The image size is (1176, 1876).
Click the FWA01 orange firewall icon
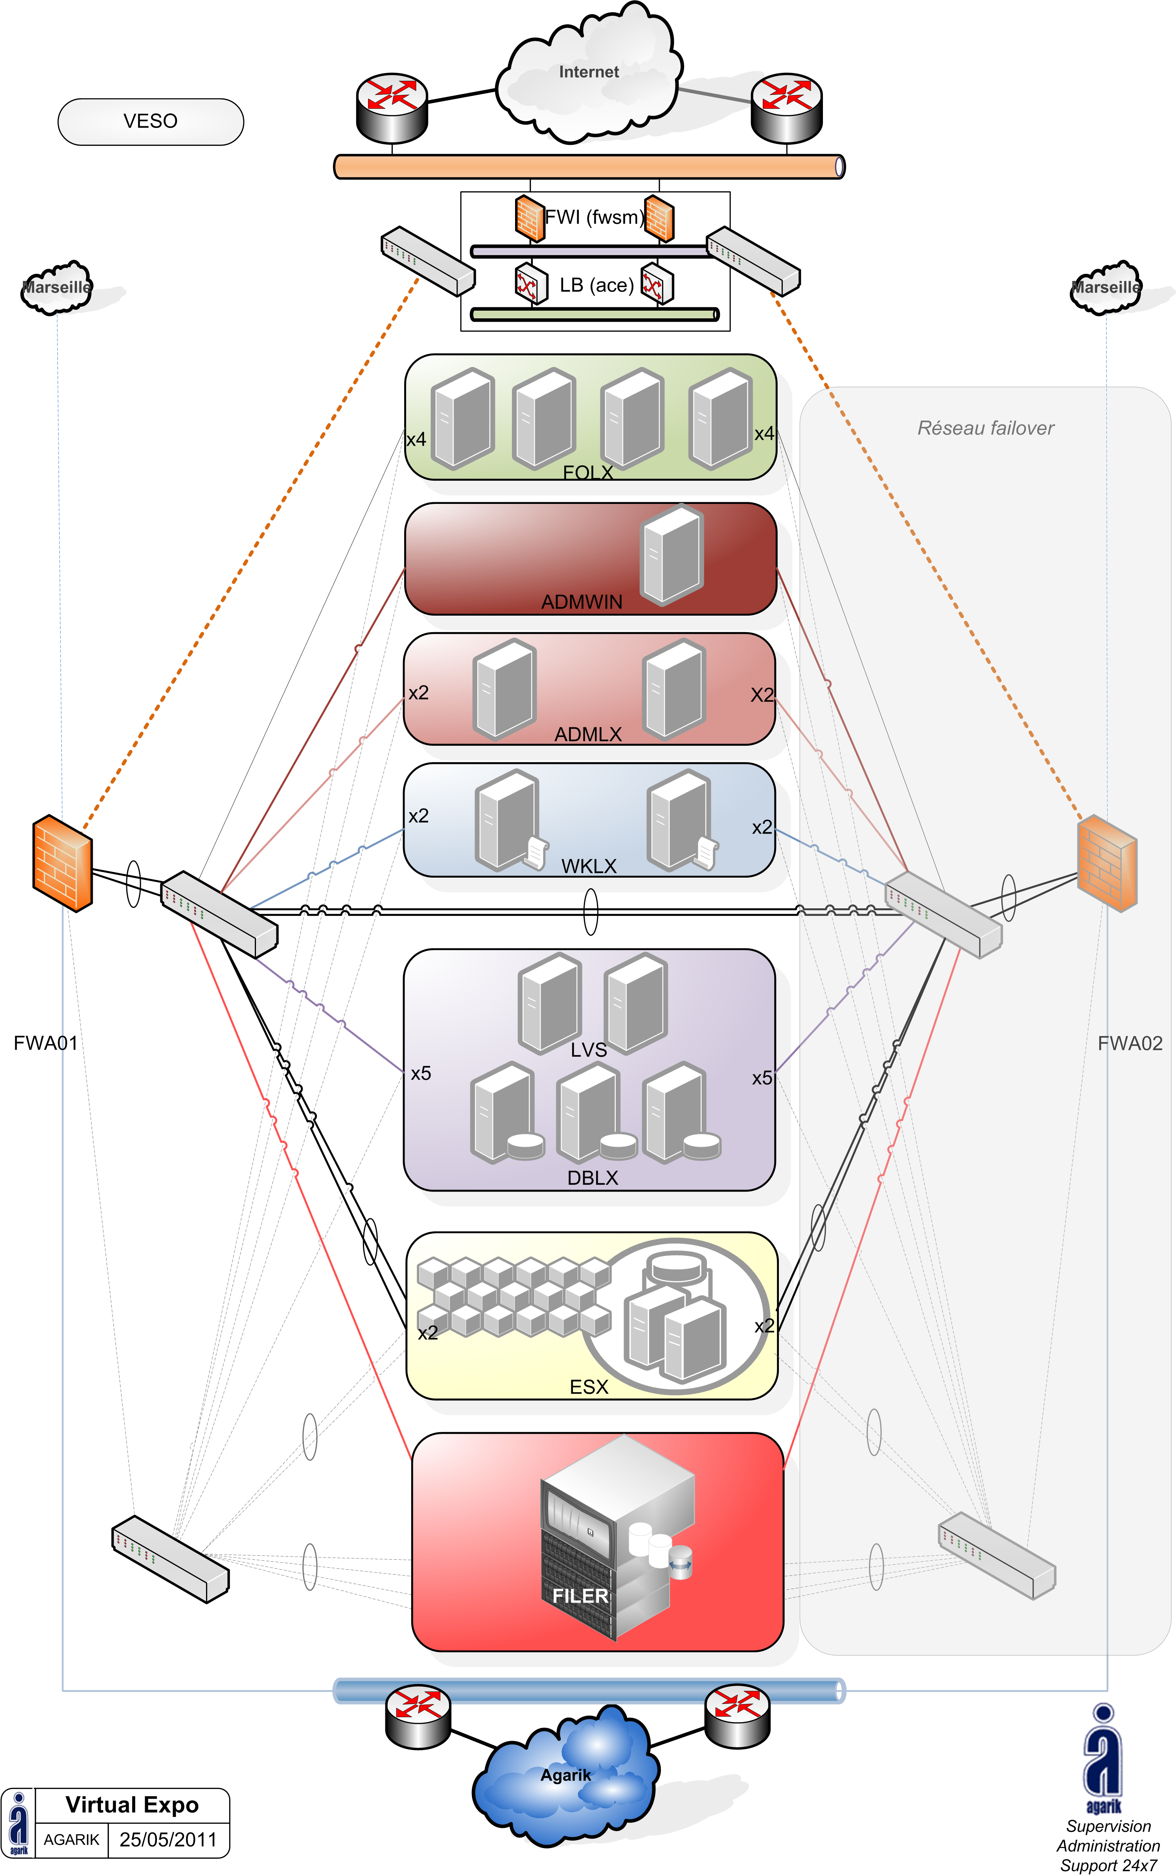click(x=62, y=862)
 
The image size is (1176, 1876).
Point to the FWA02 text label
click(x=1129, y=1044)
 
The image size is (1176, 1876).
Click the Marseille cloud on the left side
click(x=56, y=287)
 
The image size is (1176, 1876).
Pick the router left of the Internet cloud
click(x=392, y=107)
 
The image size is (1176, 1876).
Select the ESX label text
click(x=589, y=1387)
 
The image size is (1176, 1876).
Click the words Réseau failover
click(x=985, y=428)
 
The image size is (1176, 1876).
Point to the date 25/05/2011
click(x=168, y=1839)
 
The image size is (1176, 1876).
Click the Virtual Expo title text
click(x=132, y=1804)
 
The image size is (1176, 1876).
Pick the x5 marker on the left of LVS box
click(x=421, y=1074)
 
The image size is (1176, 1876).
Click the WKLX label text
click(x=589, y=866)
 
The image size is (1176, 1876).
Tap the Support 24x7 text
click(x=1108, y=1865)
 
